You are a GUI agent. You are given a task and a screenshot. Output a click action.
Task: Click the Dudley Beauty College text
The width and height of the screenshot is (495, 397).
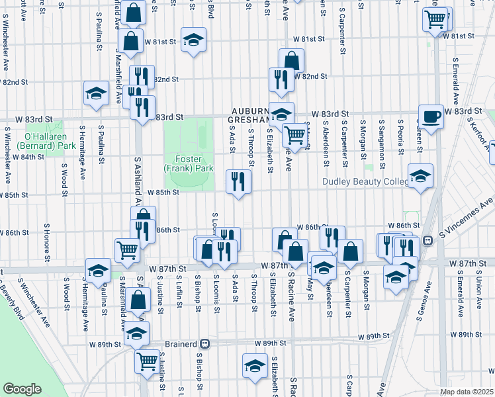point(365,181)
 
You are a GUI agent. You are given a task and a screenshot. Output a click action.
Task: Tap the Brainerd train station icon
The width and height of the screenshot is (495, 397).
point(205,344)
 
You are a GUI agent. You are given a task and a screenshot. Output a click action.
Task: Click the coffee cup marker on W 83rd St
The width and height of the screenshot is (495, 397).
point(431,116)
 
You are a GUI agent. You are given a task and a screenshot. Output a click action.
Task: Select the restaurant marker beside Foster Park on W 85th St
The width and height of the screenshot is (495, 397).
point(238,181)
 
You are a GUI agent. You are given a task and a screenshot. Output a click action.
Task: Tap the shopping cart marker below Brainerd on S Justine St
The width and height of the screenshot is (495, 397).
point(148,361)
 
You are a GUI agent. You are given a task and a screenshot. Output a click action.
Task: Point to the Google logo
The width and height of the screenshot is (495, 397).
point(22,389)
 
